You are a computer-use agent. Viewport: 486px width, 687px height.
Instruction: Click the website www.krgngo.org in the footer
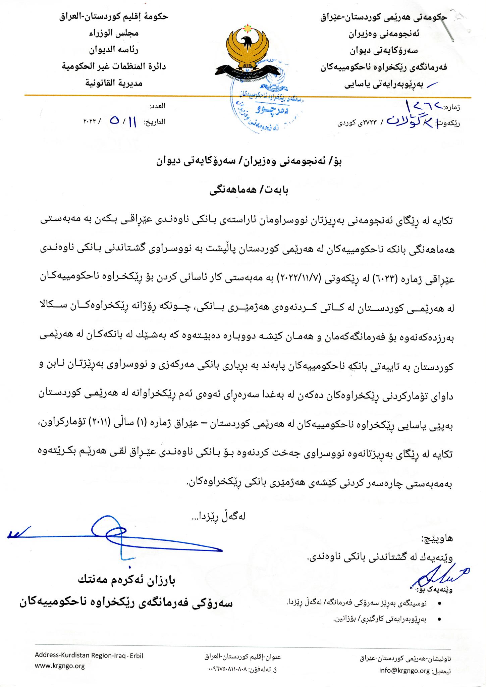60,666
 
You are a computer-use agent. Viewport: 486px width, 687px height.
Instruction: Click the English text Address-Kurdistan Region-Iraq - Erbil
89,656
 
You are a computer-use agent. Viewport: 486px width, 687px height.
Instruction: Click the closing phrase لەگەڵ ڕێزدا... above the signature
218,517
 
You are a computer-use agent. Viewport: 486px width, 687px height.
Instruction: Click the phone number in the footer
245,669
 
